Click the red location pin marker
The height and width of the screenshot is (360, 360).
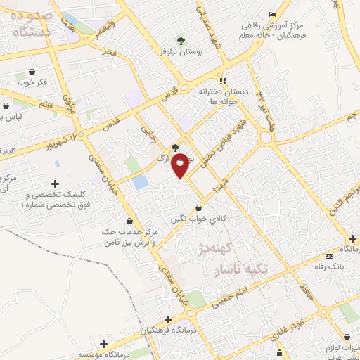tap(181, 165)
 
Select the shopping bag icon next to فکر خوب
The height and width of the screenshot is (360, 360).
tap(32, 72)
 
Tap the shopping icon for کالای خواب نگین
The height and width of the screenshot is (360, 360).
tap(200, 208)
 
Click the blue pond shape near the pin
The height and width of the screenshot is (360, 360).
tap(140, 182)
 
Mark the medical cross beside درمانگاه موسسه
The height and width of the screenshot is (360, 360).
tap(104, 344)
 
